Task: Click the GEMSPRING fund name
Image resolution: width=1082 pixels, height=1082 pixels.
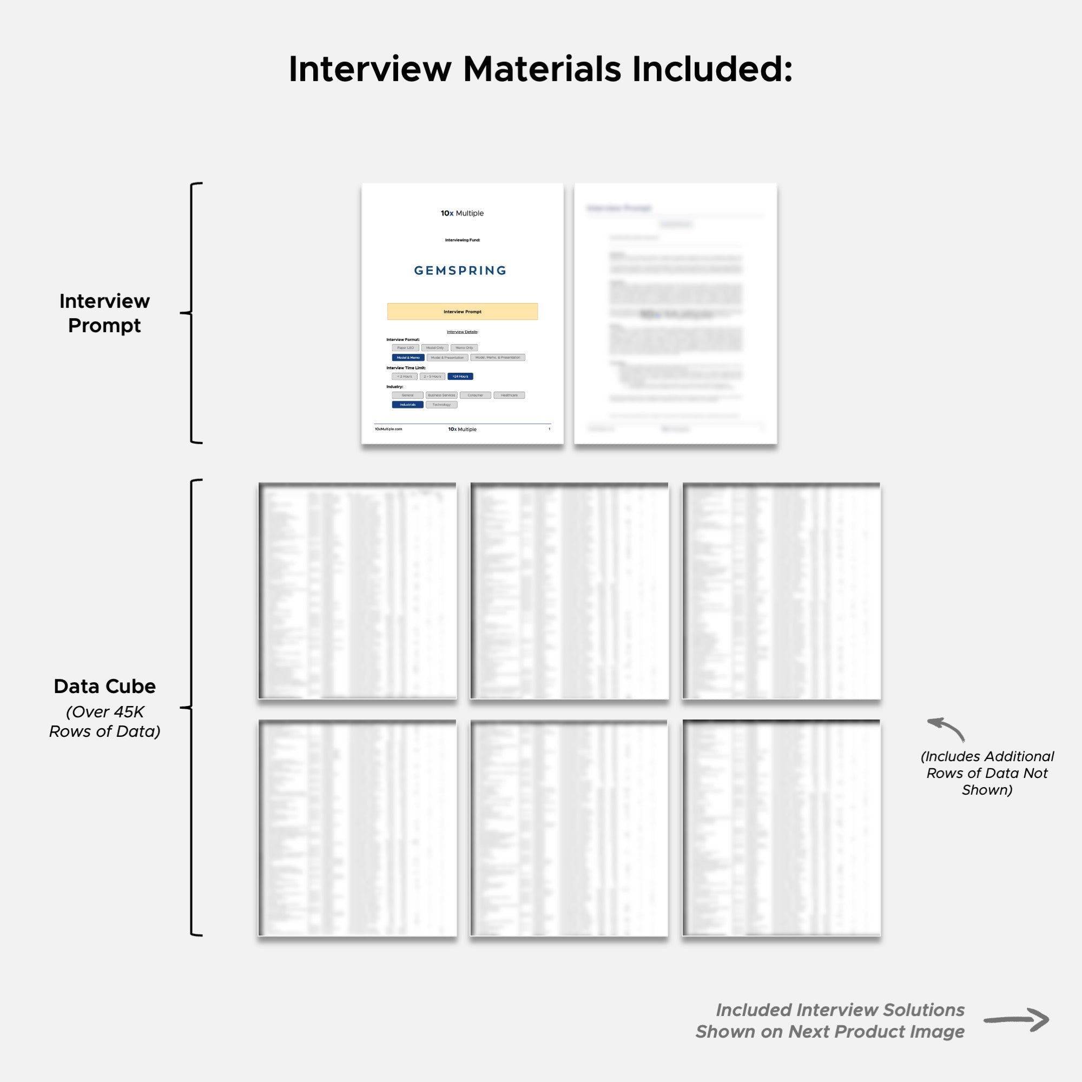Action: coord(460,270)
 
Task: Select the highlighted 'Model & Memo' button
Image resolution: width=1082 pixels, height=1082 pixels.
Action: coord(408,357)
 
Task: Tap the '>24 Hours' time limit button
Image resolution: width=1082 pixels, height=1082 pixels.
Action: coord(460,377)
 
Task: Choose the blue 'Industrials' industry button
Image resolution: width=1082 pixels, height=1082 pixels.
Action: coord(407,404)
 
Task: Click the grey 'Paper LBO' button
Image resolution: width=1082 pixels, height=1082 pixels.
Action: coord(405,348)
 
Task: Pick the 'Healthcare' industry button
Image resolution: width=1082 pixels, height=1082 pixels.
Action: coord(509,395)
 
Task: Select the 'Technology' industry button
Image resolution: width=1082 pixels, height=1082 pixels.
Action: coord(441,404)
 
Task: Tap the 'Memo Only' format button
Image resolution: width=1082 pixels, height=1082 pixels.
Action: coord(464,348)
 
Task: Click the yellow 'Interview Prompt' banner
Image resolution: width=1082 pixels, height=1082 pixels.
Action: coord(462,312)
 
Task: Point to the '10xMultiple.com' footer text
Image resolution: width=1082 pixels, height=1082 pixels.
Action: coord(388,429)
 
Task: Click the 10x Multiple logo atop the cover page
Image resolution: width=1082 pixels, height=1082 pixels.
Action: coord(462,213)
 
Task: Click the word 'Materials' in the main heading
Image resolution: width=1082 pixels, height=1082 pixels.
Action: coord(542,69)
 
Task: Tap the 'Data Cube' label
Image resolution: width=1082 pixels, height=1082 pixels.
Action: coord(105,686)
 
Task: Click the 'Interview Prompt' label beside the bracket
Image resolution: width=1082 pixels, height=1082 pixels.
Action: coord(105,313)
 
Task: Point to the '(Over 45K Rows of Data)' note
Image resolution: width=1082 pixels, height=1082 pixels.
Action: coord(105,721)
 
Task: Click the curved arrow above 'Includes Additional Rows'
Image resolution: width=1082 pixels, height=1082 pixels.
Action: coord(946,728)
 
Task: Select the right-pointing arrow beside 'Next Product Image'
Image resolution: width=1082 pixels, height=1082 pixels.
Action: coord(1016,1020)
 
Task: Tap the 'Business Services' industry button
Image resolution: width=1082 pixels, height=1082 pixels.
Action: coord(441,395)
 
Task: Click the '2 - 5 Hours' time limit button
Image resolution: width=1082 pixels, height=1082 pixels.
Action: coord(432,377)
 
